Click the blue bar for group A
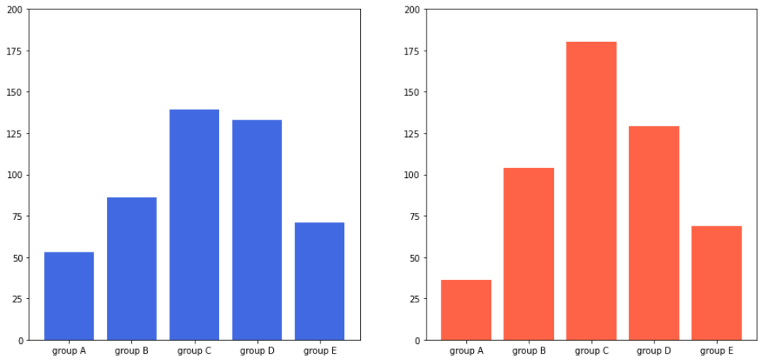coord(69,296)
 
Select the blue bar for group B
coord(131,269)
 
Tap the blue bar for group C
coord(194,225)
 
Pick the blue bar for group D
coord(256,229)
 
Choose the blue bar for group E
coord(319,281)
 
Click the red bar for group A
coord(466,310)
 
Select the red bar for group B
coord(529,254)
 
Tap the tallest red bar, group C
coord(591,191)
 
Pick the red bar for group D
coord(654,233)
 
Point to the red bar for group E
coord(716,283)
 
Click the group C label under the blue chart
coord(194,351)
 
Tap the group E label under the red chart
coord(716,351)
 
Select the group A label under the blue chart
coord(69,351)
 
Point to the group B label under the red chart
coord(529,351)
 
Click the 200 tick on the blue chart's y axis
coord(15,9)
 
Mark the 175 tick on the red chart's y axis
coord(412,51)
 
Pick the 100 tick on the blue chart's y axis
coord(15,175)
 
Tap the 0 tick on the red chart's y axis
coord(417,340)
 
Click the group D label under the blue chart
coord(256,351)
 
